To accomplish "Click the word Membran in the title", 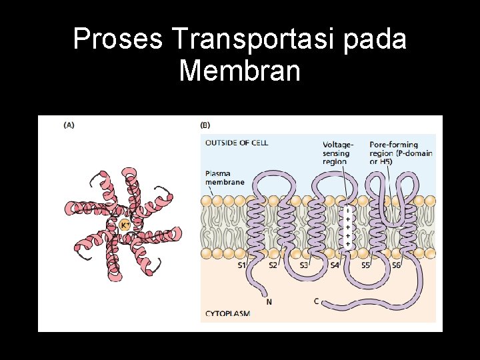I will click(x=239, y=70).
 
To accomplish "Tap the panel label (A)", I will click(x=69, y=125).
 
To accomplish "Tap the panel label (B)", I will click(x=205, y=125).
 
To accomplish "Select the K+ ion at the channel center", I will click(x=125, y=226).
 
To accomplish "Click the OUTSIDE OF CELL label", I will click(x=237, y=143).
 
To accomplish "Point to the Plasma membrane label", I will click(x=225, y=177).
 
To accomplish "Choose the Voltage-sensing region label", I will click(x=339, y=153).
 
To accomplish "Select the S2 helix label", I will click(x=273, y=265).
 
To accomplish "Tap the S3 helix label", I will click(x=304, y=265).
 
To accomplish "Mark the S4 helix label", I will click(x=335, y=265).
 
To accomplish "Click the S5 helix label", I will click(x=365, y=265).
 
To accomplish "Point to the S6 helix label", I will click(x=396, y=265).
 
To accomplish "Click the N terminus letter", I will click(x=269, y=301).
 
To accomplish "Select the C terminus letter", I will click(x=317, y=301).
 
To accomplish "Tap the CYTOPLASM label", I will click(x=227, y=313).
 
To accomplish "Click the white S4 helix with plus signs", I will click(x=348, y=227).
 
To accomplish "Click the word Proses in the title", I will click(x=117, y=40).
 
